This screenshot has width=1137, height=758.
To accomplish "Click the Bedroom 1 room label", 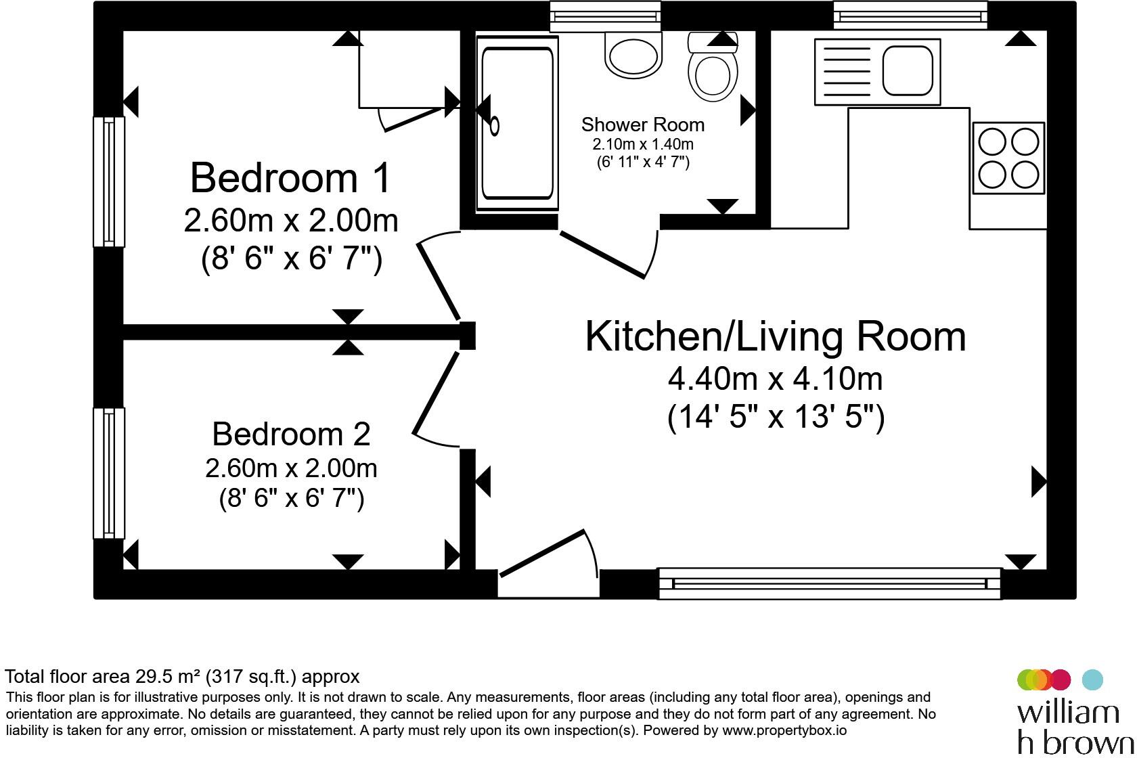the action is pos(290,178).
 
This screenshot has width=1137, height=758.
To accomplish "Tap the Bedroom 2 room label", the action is pos(291,434).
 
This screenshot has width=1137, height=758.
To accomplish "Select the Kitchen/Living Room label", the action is pos(775,336).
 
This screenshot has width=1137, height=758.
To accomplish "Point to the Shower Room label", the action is pos(643,125).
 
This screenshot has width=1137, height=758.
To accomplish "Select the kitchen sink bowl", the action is pos(908,70).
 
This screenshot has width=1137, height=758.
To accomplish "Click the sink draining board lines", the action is pos(847,72).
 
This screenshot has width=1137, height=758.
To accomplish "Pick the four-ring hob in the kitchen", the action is pos(1008,158).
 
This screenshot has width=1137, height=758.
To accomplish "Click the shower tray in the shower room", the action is pos(517,123).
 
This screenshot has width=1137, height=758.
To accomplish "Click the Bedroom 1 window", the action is pos(108,182).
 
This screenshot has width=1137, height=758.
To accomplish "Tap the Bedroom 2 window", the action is pos(108,472).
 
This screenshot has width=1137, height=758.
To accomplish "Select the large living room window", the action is pos(830,583).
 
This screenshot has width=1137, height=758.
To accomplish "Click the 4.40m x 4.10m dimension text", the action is pos(775,379).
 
